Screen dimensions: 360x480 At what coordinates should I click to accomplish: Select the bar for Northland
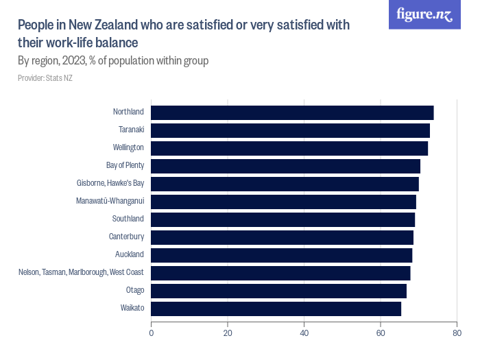[292, 112]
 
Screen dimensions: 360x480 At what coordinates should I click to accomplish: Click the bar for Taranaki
[290, 130]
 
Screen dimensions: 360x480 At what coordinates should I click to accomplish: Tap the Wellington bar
[289, 148]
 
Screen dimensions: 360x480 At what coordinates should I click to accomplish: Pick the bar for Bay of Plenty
[285, 166]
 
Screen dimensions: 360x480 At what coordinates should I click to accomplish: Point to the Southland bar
[283, 219]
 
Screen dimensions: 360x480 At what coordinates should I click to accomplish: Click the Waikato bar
[276, 309]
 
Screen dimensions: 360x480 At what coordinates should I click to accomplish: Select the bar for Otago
[278, 291]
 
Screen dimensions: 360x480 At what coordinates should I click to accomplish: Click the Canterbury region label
[126, 237]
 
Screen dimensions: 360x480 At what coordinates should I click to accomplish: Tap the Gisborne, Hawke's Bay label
[110, 184]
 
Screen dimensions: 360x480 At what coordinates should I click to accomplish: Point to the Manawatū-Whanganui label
[110, 202]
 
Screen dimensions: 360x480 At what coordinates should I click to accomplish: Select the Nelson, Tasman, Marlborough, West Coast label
[81, 273]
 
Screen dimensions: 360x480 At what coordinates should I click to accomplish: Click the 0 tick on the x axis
[152, 333]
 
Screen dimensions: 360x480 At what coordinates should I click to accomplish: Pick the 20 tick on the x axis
[228, 333]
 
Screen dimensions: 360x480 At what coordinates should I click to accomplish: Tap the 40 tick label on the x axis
[304, 333]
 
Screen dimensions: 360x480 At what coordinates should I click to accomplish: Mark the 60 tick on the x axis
[380, 333]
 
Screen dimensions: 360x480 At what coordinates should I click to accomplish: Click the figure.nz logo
[424, 15]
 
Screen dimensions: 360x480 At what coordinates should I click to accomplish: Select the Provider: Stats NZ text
[45, 78]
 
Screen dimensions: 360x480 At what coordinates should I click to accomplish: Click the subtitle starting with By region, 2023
[113, 61]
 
